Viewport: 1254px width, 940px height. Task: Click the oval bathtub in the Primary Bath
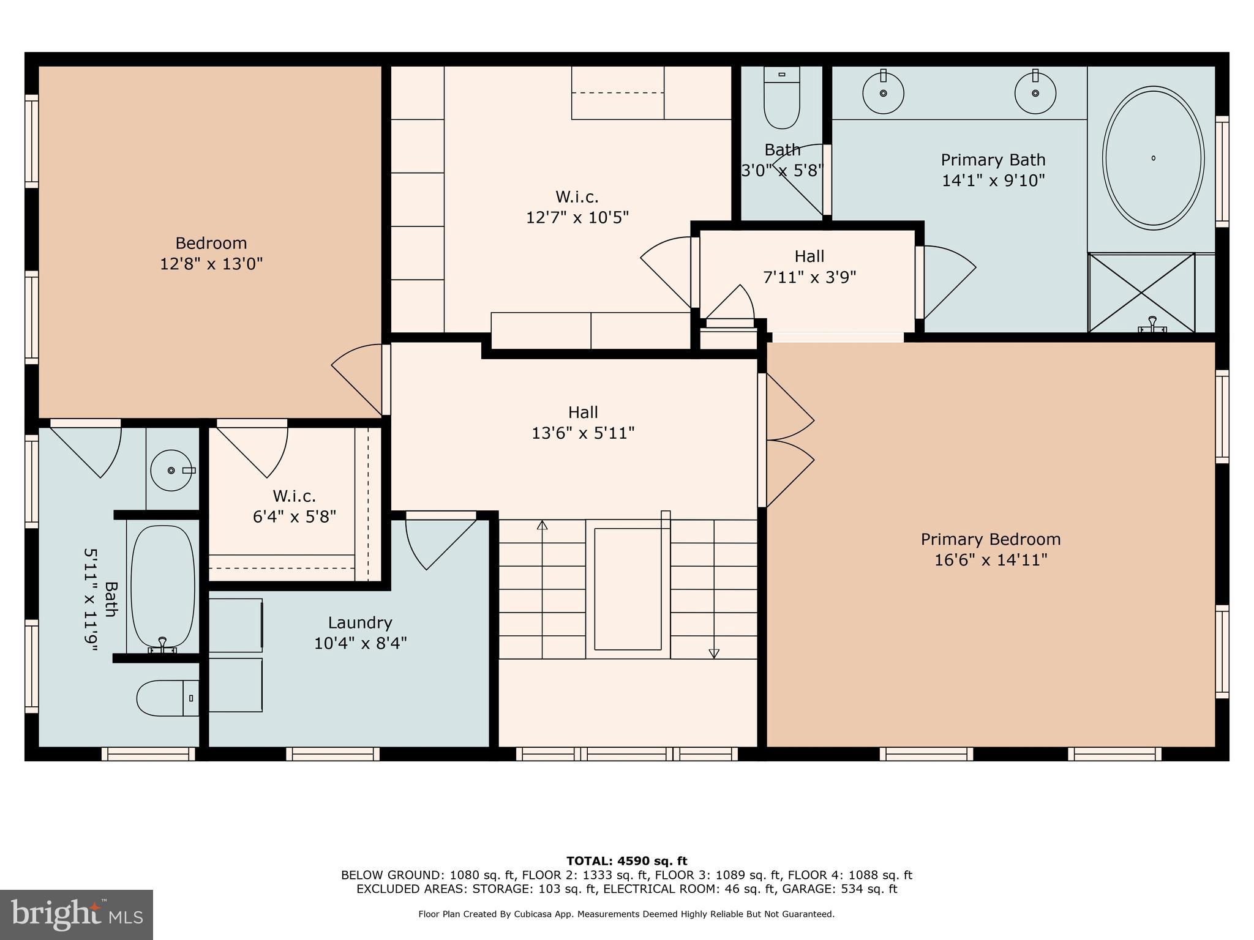[1153, 158]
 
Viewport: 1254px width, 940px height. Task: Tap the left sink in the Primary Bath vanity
[883, 93]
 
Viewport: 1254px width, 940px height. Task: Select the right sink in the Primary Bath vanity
[1035, 93]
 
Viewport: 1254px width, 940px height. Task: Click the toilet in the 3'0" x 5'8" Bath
[782, 101]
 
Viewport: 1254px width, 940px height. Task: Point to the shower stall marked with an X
[1141, 293]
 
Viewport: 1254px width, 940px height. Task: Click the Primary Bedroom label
[990, 539]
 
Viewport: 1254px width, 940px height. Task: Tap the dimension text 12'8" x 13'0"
[211, 264]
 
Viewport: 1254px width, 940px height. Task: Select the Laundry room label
[360, 622]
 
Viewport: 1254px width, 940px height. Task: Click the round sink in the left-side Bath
[171, 470]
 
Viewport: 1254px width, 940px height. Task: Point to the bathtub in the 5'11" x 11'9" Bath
[163, 586]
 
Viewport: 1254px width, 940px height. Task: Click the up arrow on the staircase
[542, 525]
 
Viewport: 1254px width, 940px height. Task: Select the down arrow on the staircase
[714, 653]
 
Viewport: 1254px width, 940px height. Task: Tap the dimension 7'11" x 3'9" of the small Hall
[809, 277]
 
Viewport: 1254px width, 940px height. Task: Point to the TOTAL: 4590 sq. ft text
[626, 861]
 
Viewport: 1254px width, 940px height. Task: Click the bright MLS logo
[76, 914]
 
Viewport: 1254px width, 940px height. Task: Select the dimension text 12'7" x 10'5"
[577, 217]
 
